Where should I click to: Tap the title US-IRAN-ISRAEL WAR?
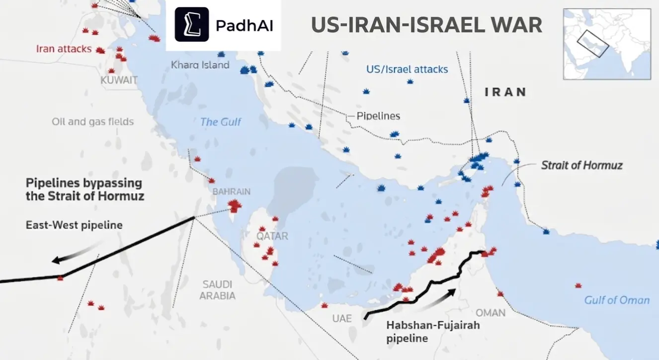(426, 25)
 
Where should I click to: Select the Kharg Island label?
(200, 65)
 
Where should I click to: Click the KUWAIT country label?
(119, 80)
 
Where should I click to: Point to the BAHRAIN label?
(232, 191)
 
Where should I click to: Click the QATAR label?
(272, 236)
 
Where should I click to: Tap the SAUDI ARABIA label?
(217, 290)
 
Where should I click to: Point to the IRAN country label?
(505, 92)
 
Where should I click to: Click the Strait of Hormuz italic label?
(581, 165)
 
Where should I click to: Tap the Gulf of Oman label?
(616, 300)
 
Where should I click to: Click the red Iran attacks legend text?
(64, 49)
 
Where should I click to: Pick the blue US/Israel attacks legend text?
(407, 69)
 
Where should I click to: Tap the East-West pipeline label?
(74, 225)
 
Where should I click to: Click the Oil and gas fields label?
(92, 121)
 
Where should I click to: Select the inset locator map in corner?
(607, 44)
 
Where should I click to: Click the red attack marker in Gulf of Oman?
(578, 285)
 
